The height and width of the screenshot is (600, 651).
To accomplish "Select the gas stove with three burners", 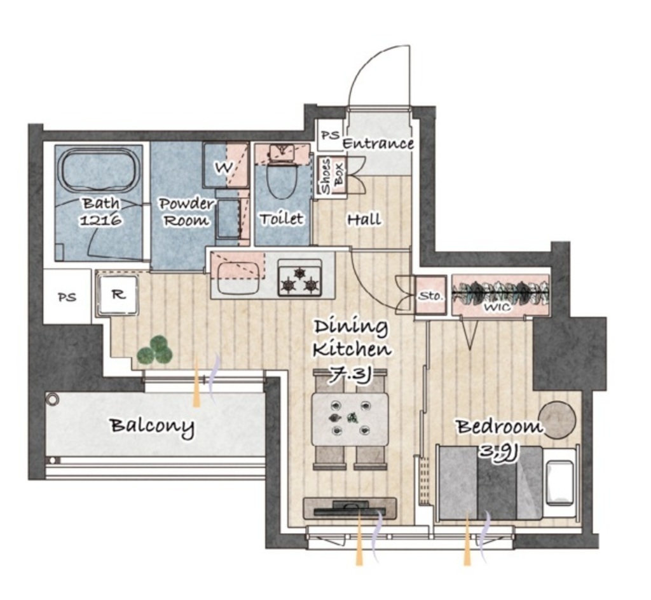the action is coord(299,277).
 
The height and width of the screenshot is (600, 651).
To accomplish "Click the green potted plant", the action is coord(154,351).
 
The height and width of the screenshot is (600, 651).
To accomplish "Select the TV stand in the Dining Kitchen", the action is coord(350,508).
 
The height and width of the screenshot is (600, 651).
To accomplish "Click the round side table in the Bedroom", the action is coord(557,420).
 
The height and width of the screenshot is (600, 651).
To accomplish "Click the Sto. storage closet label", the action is coord(430,296).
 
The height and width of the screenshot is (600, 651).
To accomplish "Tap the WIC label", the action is coord(497,308).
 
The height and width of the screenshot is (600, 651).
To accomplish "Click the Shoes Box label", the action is coord(331,175).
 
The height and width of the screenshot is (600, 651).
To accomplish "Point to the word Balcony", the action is coord(152,426).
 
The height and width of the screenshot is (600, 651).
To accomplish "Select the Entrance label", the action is coord(378,144).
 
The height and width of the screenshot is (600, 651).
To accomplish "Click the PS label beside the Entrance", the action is coord(331,135).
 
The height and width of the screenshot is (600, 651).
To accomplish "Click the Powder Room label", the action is coord(186,212).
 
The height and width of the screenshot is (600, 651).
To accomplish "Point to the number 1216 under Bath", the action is coord(100,219).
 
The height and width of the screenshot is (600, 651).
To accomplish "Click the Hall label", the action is coord(364,219).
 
